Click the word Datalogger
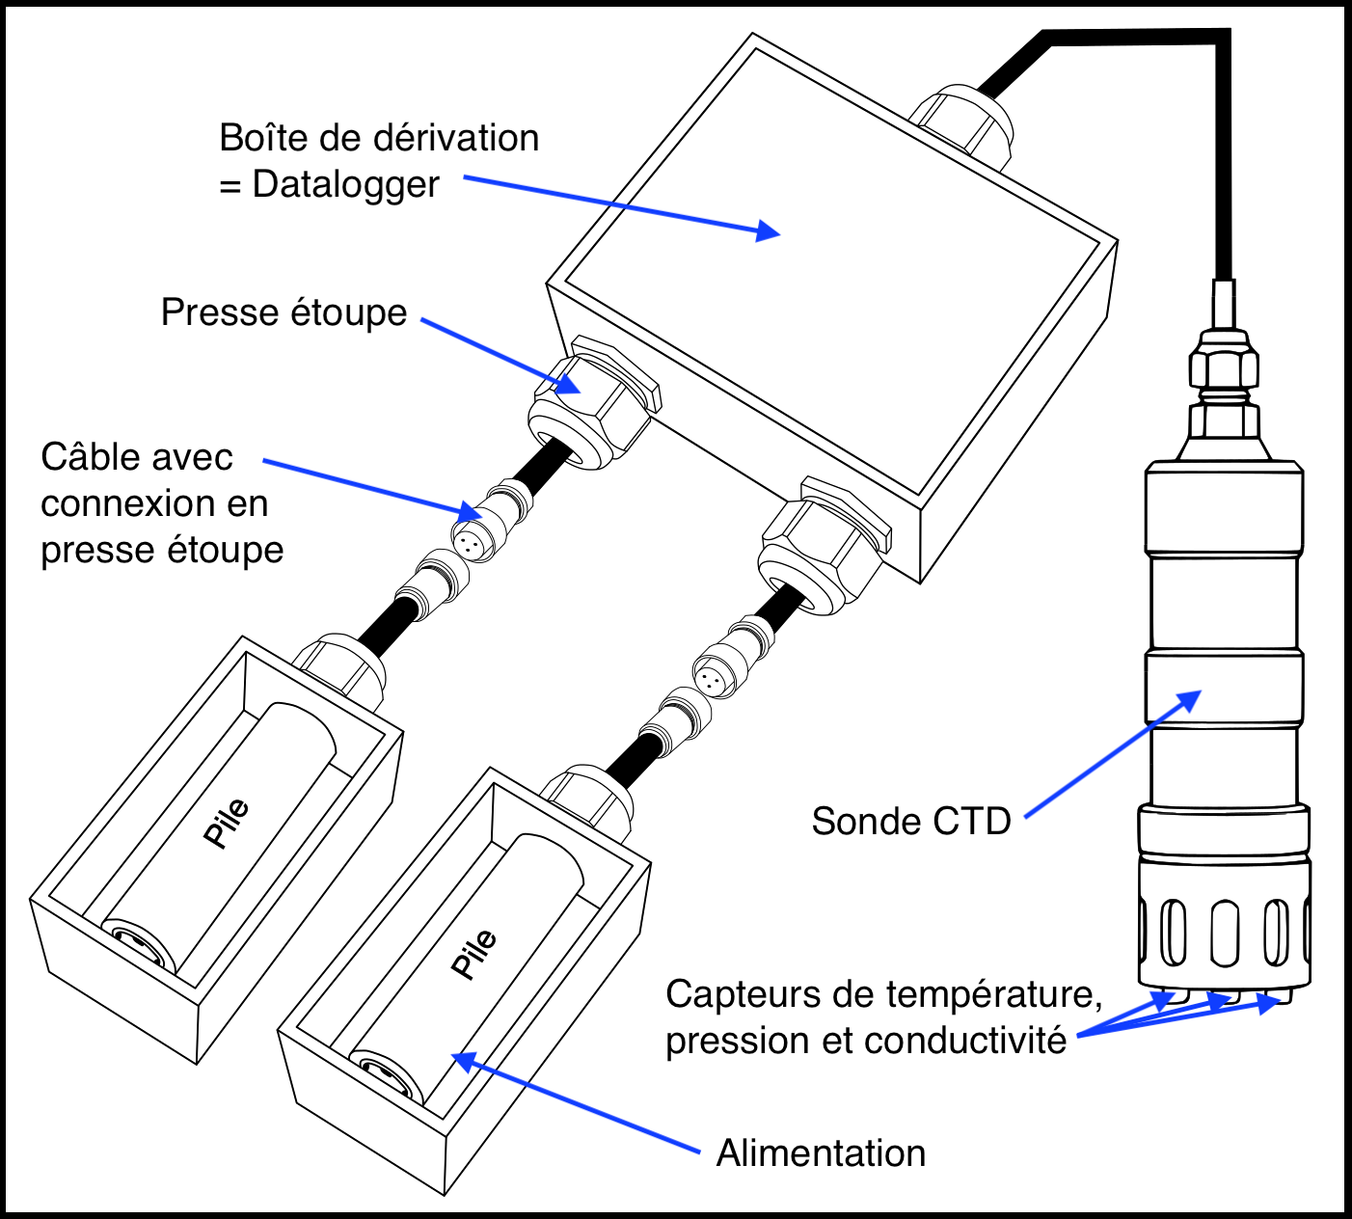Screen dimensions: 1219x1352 (345, 184)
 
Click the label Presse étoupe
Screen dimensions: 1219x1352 (284, 312)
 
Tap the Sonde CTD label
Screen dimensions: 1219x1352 (910, 821)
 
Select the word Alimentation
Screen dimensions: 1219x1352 (821, 1153)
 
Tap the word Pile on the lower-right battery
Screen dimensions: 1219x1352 (474, 954)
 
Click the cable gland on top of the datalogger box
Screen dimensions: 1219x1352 (962, 121)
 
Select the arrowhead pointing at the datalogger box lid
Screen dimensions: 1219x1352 (769, 230)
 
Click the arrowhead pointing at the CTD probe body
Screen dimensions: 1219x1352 (1190, 700)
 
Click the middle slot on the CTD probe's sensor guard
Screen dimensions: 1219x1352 (1224, 933)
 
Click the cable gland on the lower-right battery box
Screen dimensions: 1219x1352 (585, 796)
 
